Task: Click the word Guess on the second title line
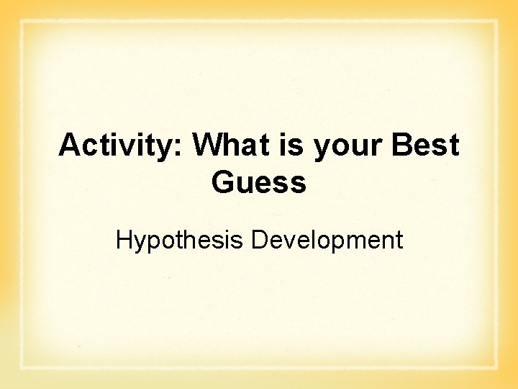coord(259,183)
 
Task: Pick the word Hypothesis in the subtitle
coord(180,241)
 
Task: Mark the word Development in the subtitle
coord(327,241)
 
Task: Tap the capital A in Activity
coord(69,146)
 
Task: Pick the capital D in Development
coord(259,240)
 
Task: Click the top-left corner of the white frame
coord(22,22)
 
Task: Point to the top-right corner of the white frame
coord(496,22)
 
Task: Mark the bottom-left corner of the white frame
coord(22,368)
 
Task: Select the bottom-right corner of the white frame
coord(496,368)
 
